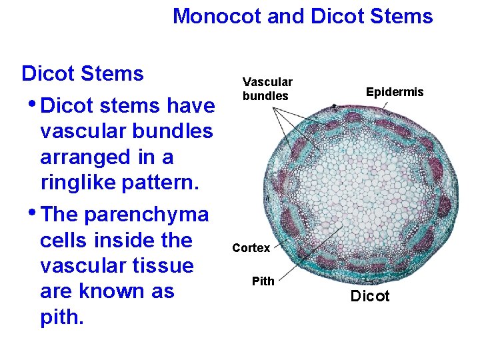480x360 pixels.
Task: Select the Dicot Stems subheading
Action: (83, 73)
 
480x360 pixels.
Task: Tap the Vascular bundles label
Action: (267, 89)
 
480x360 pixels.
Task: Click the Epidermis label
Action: (395, 92)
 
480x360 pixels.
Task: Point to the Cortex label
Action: (251, 248)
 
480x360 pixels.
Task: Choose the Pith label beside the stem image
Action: (263, 281)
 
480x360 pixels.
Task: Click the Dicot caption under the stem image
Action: (370, 296)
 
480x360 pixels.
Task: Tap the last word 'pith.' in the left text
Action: (62, 317)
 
